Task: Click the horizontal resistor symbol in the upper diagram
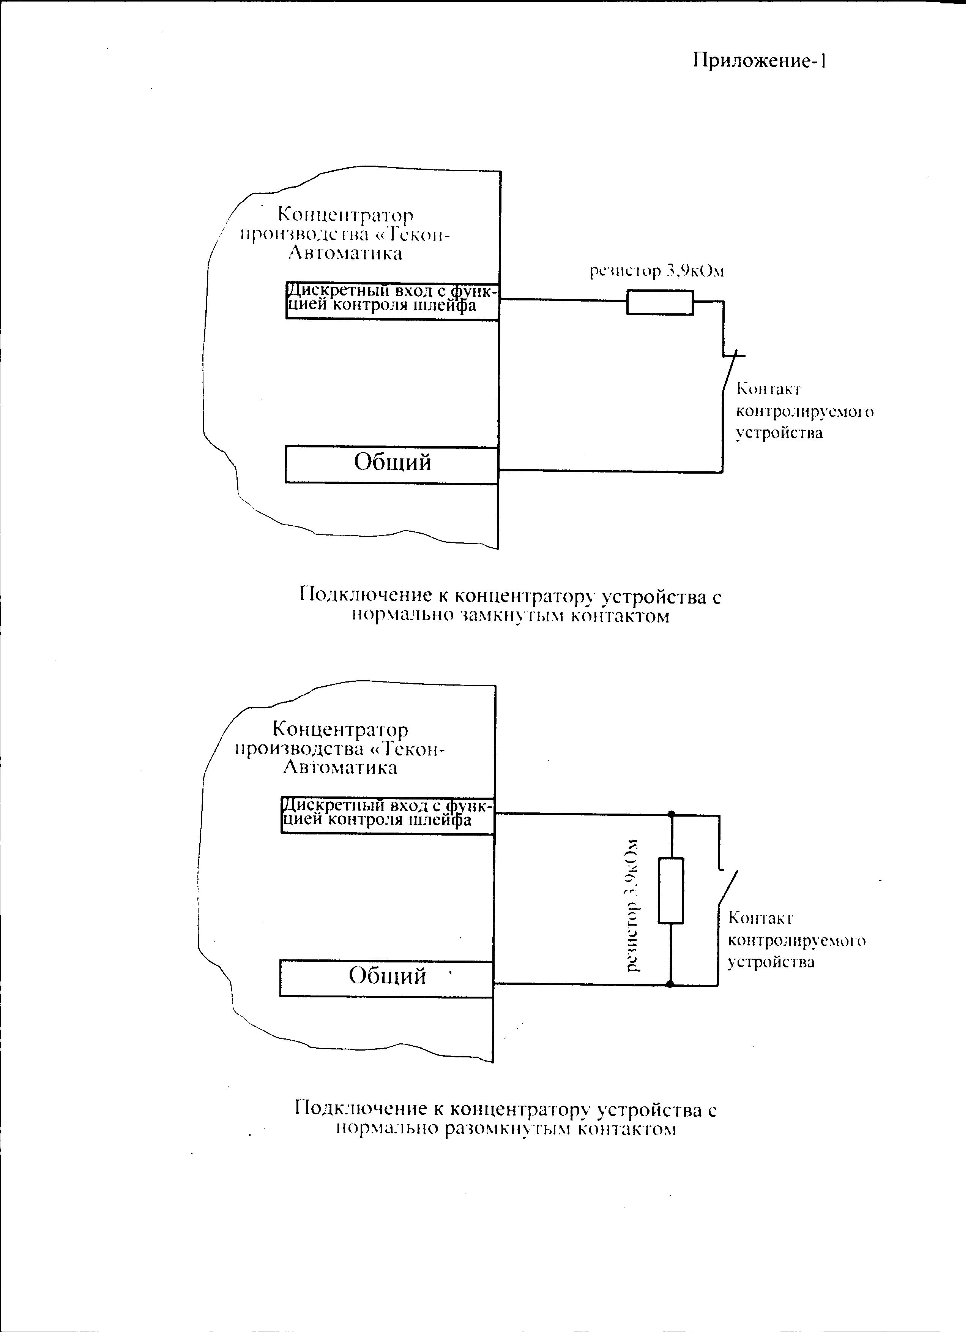point(660,302)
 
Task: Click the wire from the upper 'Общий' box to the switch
point(610,471)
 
